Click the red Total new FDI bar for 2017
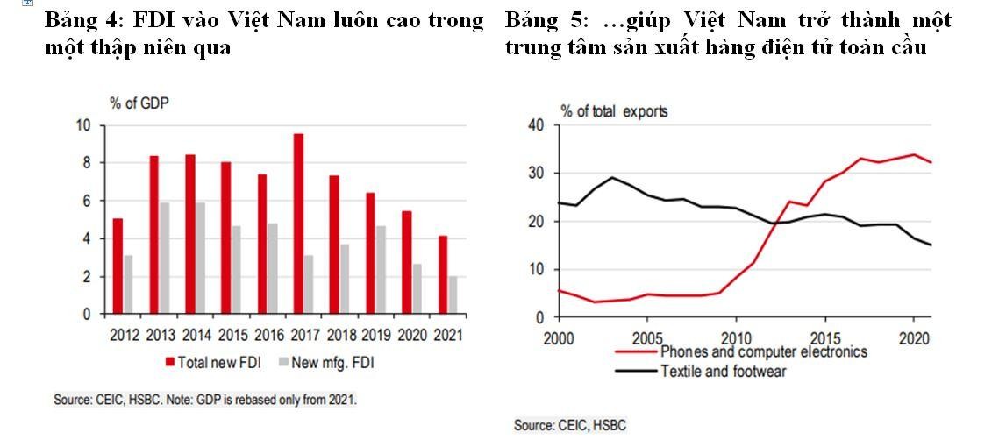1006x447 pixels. [x=298, y=223]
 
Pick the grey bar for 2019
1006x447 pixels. [x=381, y=269]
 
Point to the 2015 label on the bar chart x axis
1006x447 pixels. [x=232, y=334]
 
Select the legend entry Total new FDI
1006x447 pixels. [x=210, y=362]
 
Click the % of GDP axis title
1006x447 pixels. [x=139, y=103]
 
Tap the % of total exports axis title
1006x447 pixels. [x=614, y=111]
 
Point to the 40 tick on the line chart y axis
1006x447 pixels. [x=537, y=125]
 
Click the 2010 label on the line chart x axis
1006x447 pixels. [x=736, y=338]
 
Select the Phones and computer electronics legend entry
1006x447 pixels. [x=763, y=351]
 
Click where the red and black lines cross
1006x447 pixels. [x=774, y=223]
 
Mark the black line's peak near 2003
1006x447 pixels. [x=611, y=178]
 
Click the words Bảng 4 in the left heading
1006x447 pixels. [x=78, y=19]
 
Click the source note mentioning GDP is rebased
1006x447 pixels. [x=206, y=400]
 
